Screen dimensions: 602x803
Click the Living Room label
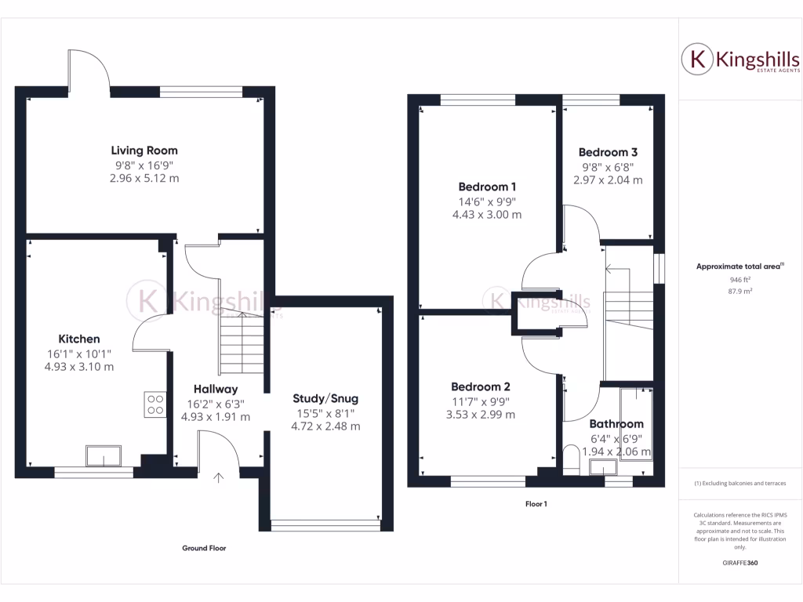[144, 150]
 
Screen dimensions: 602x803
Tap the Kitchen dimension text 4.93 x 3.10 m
[78, 366]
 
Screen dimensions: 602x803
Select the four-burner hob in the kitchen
[155, 404]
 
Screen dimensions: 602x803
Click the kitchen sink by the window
[104, 455]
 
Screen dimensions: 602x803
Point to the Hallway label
[216, 389]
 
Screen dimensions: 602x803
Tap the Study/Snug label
[325, 398]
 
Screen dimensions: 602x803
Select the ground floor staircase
[242, 345]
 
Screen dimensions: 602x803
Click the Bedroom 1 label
[487, 187]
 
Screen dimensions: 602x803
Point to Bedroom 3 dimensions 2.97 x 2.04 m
[608, 180]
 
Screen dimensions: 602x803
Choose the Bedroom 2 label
[481, 386]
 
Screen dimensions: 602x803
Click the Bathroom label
[616, 423]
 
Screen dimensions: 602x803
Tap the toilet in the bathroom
[571, 459]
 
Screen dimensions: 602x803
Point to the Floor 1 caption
[536, 504]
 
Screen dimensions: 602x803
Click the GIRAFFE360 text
[740, 562]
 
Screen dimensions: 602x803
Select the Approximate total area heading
[739, 267]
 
